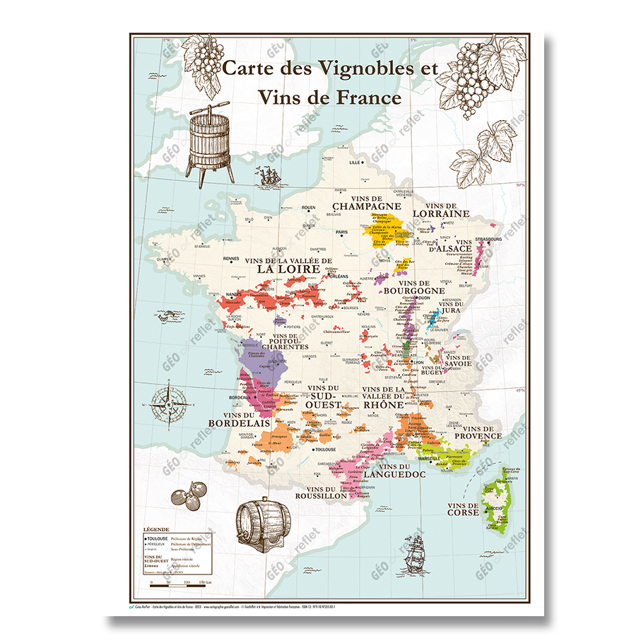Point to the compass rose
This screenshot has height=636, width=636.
click(171, 405)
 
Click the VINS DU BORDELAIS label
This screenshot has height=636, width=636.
click(240, 419)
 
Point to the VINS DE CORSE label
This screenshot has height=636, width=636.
click(463, 509)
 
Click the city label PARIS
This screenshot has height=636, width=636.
click(343, 232)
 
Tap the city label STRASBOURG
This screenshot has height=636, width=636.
click(488, 240)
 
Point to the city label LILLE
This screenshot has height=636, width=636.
click(355, 162)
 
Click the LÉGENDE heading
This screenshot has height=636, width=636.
click(155, 529)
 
